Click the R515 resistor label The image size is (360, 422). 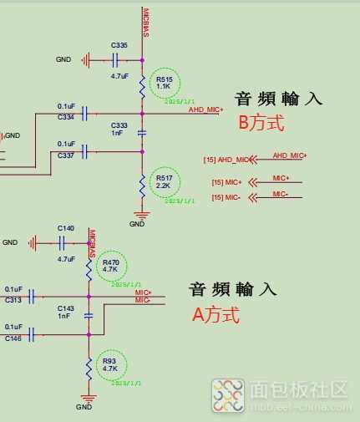tap(163, 79)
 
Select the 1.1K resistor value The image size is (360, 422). tap(163, 86)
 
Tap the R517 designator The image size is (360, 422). tap(163, 179)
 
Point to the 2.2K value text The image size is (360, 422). tap(163, 186)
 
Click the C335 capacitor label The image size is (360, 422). tap(119, 44)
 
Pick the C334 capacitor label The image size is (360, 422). tap(67, 118)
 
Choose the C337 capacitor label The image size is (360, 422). tap(67, 155)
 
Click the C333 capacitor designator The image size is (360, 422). tap(119, 125)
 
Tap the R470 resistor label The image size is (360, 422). tap(111, 263)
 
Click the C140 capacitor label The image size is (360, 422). tap(66, 227)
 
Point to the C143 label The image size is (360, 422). tap(66, 308)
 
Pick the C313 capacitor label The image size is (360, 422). tap(13, 300)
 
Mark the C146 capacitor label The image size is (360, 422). tap(13, 338)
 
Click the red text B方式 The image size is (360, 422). tap(261, 123)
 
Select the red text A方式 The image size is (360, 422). tap(215, 315)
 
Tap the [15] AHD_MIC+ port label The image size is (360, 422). tap(226, 159)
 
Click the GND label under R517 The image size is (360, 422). tap(137, 224)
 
